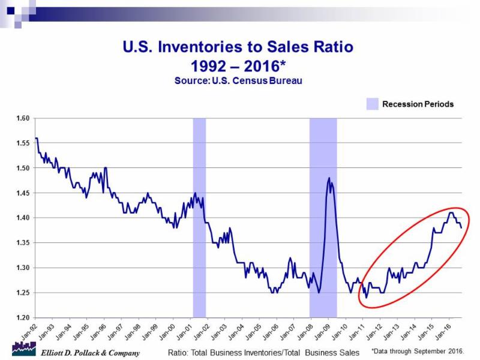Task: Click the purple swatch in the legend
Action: pos(373,104)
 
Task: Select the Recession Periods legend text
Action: pos(418,104)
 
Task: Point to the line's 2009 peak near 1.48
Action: pos(329,178)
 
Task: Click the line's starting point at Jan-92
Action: pos(36,139)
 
